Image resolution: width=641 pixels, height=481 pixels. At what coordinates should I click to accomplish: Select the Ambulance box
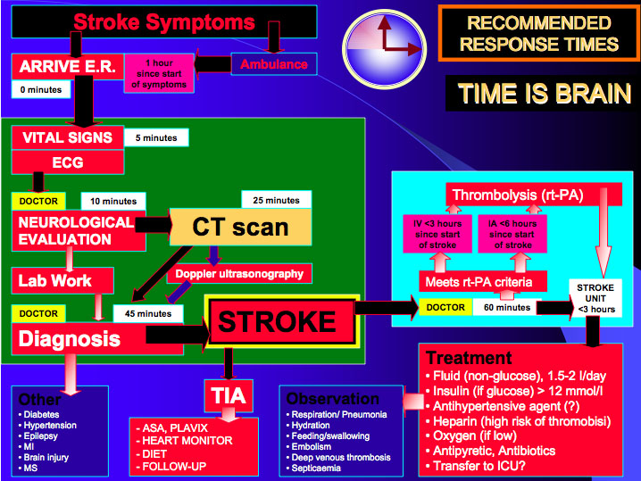[x=274, y=64]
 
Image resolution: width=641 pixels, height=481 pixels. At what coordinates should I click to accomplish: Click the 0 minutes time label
[x=41, y=90]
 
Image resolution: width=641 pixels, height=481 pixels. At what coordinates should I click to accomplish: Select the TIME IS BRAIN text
[x=545, y=94]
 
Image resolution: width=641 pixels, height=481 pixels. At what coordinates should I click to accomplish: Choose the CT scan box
[x=241, y=227]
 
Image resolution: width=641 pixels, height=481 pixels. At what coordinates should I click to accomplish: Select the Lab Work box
[x=62, y=280]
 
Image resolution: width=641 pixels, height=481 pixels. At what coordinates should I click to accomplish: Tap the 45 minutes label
[x=147, y=314]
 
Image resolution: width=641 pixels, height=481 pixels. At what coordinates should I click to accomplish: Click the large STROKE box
[x=283, y=321]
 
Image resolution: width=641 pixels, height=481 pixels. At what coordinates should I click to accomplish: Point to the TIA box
[x=229, y=394]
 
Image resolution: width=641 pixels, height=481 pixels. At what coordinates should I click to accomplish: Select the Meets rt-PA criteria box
[x=483, y=282]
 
